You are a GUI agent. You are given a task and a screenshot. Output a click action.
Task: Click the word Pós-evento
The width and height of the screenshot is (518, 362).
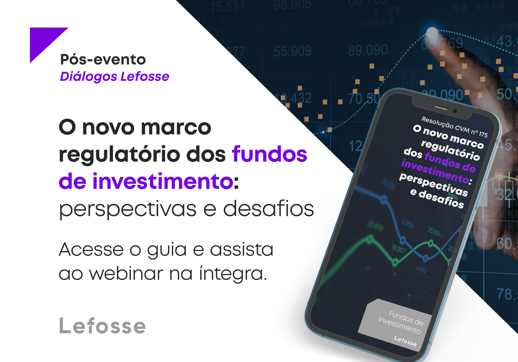[x=103, y=60]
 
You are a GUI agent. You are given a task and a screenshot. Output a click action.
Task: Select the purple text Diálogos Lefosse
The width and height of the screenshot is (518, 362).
[x=114, y=76]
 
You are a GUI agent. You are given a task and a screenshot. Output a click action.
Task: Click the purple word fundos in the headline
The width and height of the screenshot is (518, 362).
[x=269, y=154]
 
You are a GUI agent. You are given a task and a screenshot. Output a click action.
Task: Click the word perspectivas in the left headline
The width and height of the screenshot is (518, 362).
[x=128, y=209]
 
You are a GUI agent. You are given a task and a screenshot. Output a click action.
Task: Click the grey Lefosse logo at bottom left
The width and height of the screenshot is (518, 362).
[x=103, y=326]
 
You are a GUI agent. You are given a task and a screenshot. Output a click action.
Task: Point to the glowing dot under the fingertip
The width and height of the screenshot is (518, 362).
[x=432, y=33]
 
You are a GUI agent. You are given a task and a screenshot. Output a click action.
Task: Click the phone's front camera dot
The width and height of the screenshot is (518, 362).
[x=455, y=111]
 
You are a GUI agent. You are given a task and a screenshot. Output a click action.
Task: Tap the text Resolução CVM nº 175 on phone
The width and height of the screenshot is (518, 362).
[x=455, y=127]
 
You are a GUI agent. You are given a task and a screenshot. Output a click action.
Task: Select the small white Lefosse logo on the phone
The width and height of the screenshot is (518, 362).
[x=405, y=341]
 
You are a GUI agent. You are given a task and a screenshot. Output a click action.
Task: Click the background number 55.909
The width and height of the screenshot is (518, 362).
[x=293, y=51]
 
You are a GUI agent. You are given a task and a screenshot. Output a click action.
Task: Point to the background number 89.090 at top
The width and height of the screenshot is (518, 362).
[x=368, y=50]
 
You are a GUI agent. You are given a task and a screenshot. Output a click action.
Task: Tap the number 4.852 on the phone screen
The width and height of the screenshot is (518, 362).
[x=421, y=269]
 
